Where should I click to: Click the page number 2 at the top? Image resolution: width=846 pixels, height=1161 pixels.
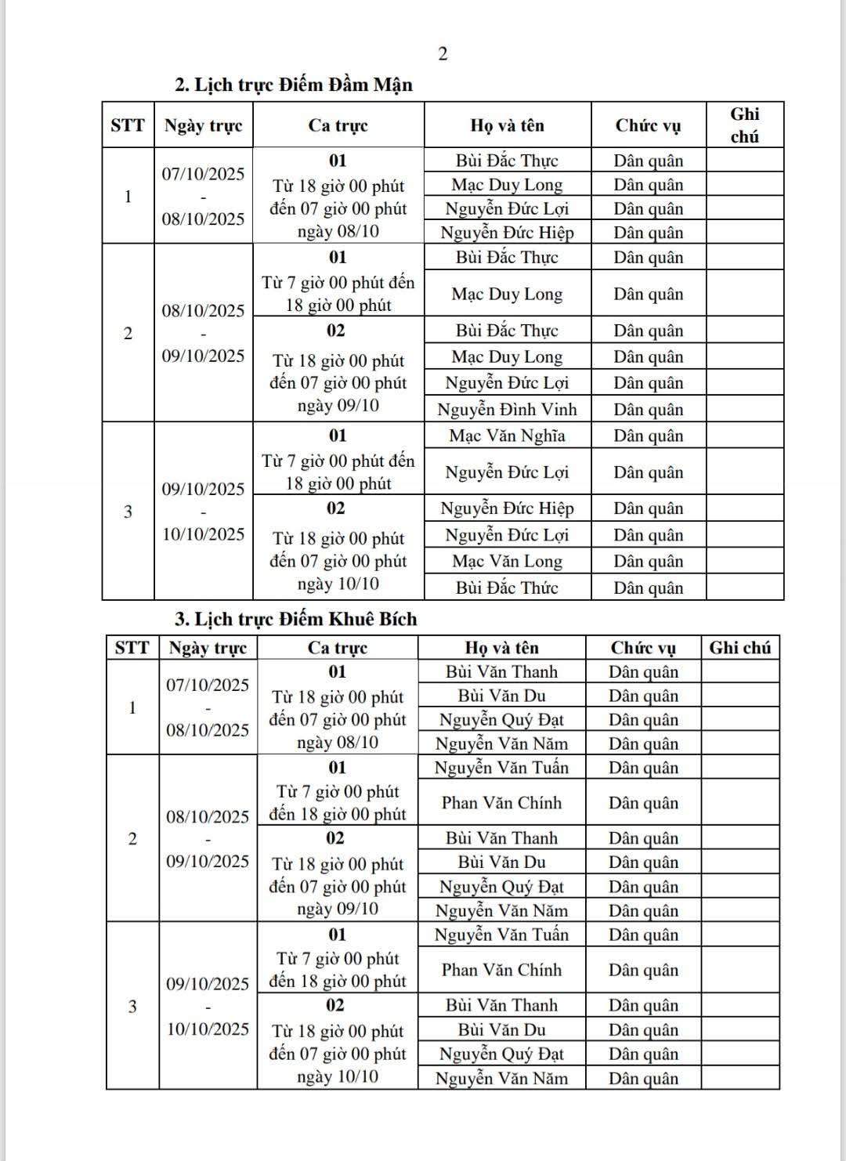443,53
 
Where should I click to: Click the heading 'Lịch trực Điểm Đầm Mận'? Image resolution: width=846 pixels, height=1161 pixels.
303,85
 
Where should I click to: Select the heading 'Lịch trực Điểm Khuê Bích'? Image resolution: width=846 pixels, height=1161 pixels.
305,619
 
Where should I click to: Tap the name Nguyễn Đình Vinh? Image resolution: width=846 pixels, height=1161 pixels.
507,409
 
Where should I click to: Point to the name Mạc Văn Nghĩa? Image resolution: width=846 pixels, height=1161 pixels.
507,436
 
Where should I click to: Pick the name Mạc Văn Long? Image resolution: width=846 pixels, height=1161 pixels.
507,561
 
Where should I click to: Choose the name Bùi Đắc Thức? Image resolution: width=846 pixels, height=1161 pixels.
507,588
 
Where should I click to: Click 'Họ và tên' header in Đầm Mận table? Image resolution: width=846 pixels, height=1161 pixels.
507,125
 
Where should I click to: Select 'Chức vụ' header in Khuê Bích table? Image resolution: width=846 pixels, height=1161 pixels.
643,648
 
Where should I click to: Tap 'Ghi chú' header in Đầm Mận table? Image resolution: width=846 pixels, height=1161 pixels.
744,125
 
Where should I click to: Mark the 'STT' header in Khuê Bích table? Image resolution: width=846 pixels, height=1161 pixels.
132,648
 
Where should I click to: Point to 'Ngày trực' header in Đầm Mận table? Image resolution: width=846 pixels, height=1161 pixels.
204,125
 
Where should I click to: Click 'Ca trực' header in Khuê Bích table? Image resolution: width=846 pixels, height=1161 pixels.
338,648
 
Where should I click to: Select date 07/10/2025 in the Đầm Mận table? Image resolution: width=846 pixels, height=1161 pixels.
204,174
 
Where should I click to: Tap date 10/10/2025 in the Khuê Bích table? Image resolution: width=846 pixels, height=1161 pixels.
208,1029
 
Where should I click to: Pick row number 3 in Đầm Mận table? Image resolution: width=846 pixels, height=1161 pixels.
128,512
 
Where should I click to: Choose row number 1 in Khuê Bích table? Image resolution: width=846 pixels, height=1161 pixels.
132,707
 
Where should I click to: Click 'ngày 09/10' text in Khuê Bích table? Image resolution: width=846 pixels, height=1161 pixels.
338,910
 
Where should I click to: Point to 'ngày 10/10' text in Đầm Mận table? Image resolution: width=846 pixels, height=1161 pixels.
338,584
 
